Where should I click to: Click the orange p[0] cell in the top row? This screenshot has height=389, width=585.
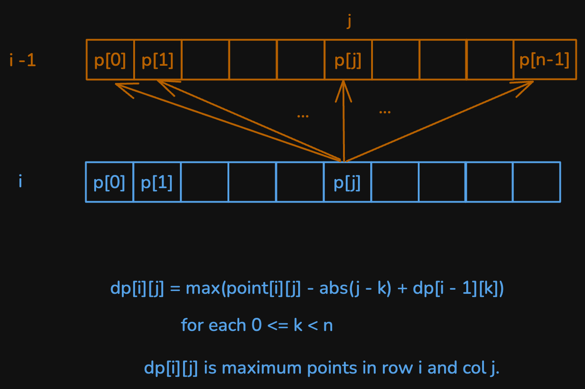pyautogui.click(x=110, y=60)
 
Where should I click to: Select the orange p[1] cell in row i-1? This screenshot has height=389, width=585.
pyautogui.click(x=158, y=60)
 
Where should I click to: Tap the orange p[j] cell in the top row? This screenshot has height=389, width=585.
pyautogui.click(x=348, y=60)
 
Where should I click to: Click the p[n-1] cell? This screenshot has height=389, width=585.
pyautogui.click(x=544, y=60)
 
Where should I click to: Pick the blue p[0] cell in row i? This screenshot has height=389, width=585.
pyautogui.click(x=109, y=182)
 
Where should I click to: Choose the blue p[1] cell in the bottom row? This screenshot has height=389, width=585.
pyautogui.click(x=157, y=182)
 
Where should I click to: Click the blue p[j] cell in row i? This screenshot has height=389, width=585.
pyautogui.click(x=347, y=182)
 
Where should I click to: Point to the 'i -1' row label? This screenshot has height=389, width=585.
pyautogui.click(x=23, y=60)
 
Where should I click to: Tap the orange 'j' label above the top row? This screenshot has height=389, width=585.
pyautogui.click(x=348, y=22)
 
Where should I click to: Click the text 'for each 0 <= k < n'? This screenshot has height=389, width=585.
pyautogui.click(x=257, y=325)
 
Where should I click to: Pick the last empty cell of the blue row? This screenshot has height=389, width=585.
pyautogui.click(x=537, y=182)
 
